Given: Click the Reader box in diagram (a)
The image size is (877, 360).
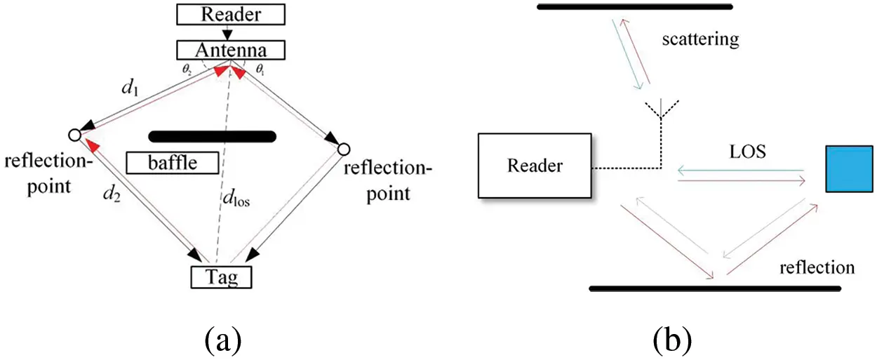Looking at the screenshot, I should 232,14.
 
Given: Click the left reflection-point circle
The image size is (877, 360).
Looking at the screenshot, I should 74,134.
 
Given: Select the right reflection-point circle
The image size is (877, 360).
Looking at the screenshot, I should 343,149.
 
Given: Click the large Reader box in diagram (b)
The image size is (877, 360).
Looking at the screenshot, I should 534,166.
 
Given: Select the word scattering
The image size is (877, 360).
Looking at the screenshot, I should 700,39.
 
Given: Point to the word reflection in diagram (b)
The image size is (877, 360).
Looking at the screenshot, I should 817,267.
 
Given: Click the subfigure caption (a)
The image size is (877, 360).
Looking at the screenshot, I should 222,341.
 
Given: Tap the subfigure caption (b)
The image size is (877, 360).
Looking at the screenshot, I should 673,341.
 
